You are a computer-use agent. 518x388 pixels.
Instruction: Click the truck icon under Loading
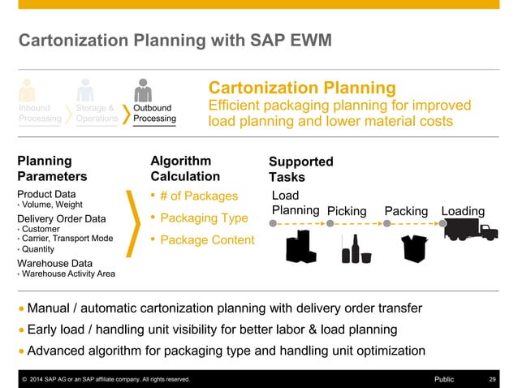[x=471, y=231]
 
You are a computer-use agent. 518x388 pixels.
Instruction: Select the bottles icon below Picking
[x=355, y=249]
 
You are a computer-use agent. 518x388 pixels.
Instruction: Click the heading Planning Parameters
[x=50, y=168]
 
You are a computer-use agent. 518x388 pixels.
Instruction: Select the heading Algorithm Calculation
[x=185, y=168]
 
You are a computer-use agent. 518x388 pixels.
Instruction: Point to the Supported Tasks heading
[x=300, y=169]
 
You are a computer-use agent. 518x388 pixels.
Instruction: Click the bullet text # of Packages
[x=200, y=196]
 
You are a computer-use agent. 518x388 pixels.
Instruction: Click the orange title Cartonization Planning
[x=302, y=88]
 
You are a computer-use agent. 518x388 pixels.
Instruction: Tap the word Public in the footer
[x=444, y=379]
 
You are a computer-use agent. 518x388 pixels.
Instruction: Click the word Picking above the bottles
[x=347, y=212]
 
